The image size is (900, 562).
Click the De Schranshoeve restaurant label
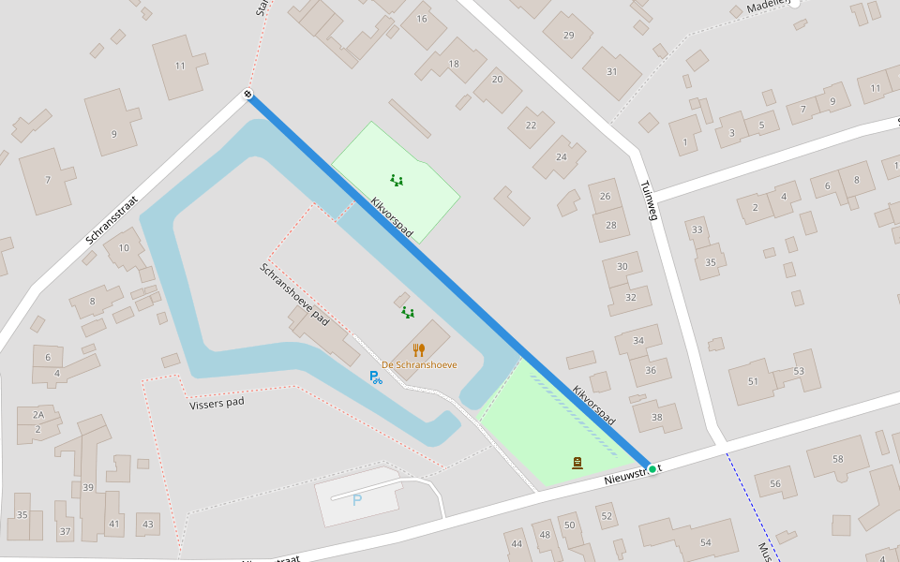(x=419, y=364)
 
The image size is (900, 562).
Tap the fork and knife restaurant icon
(x=419, y=350)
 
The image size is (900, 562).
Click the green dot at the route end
(x=652, y=468)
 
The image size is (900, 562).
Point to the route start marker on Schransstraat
(x=247, y=94)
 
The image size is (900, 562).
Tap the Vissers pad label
(x=217, y=405)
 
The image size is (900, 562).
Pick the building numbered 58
(x=837, y=459)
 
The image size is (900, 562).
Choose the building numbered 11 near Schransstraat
(x=180, y=66)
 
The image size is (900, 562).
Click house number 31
(x=612, y=71)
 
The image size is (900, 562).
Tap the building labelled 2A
(x=37, y=414)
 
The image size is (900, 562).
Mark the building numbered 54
(x=705, y=542)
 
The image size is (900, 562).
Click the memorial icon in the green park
(x=577, y=462)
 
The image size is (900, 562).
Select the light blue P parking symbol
(x=356, y=500)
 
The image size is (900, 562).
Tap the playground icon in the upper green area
(x=397, y=180)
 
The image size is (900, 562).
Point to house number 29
(x=568, y=36)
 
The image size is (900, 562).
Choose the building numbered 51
(x=753, y=381)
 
